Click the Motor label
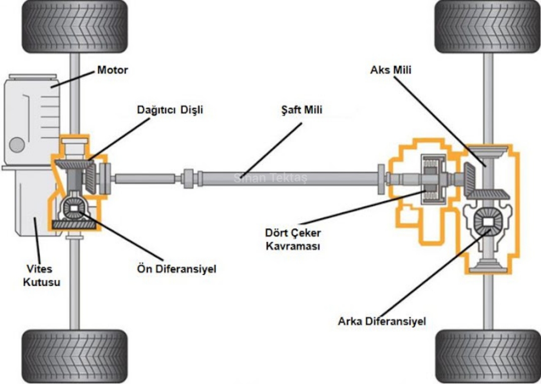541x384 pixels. tap(112, 70)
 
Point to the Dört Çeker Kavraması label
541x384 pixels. tap(293, 240)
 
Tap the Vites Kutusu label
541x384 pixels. tap(42, 275)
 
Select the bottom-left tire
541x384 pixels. tap(74, 356)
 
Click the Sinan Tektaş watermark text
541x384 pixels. tap(270, 178)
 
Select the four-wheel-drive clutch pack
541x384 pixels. tap(432, 178)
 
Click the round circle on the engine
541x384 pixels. tap(17, 145)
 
